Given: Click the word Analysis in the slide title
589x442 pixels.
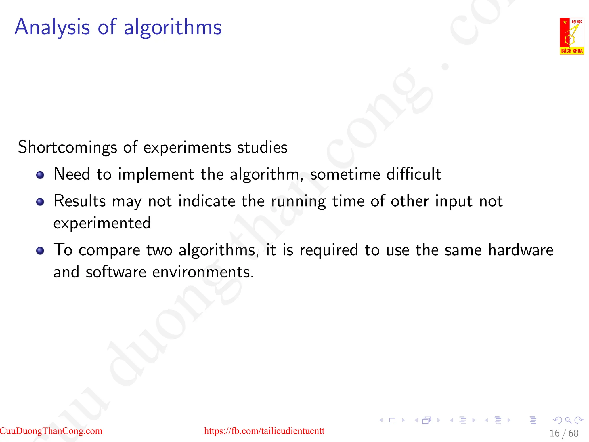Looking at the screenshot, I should click(52, 27).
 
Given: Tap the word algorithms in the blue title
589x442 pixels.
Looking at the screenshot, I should click(173, 27).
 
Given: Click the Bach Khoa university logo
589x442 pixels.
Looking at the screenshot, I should click(572, 36).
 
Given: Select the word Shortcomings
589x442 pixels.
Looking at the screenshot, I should click(67, 147).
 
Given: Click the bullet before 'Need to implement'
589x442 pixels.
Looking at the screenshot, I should click(40, 175).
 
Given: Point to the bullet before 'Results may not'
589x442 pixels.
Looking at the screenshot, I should click(40, 202).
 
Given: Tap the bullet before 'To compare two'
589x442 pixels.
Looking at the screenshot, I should click(40, 251).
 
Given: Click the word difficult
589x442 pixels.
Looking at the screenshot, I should click(413, 174).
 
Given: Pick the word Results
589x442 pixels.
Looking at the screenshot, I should click(80, 201).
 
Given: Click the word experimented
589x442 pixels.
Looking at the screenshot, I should click(102, 223).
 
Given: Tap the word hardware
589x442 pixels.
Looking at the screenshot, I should click(521, 250).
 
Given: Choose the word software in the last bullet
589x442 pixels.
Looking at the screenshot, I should click(116, 272).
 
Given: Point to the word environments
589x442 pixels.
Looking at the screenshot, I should click(203, 272).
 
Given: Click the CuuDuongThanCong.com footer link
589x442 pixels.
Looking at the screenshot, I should click(51, 431).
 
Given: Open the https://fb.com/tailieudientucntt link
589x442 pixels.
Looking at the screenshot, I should click(264, 431).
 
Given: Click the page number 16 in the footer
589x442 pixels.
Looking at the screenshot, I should click(554, 433).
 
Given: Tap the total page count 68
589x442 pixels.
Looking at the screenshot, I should click(573, 433).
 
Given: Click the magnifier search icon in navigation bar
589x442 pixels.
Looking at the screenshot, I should click(568, 420).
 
